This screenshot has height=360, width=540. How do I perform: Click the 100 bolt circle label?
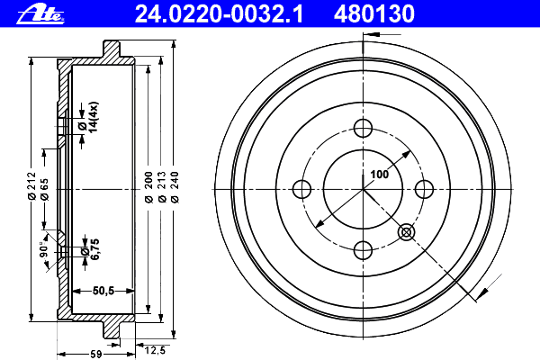(x=379, y=175)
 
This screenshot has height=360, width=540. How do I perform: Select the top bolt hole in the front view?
(x=364, y=127)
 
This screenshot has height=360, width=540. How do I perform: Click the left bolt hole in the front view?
(x=302, y=188)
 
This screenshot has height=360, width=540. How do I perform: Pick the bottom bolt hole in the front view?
(x=364, y=249)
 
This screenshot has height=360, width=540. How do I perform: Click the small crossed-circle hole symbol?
(x=406, y=232)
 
